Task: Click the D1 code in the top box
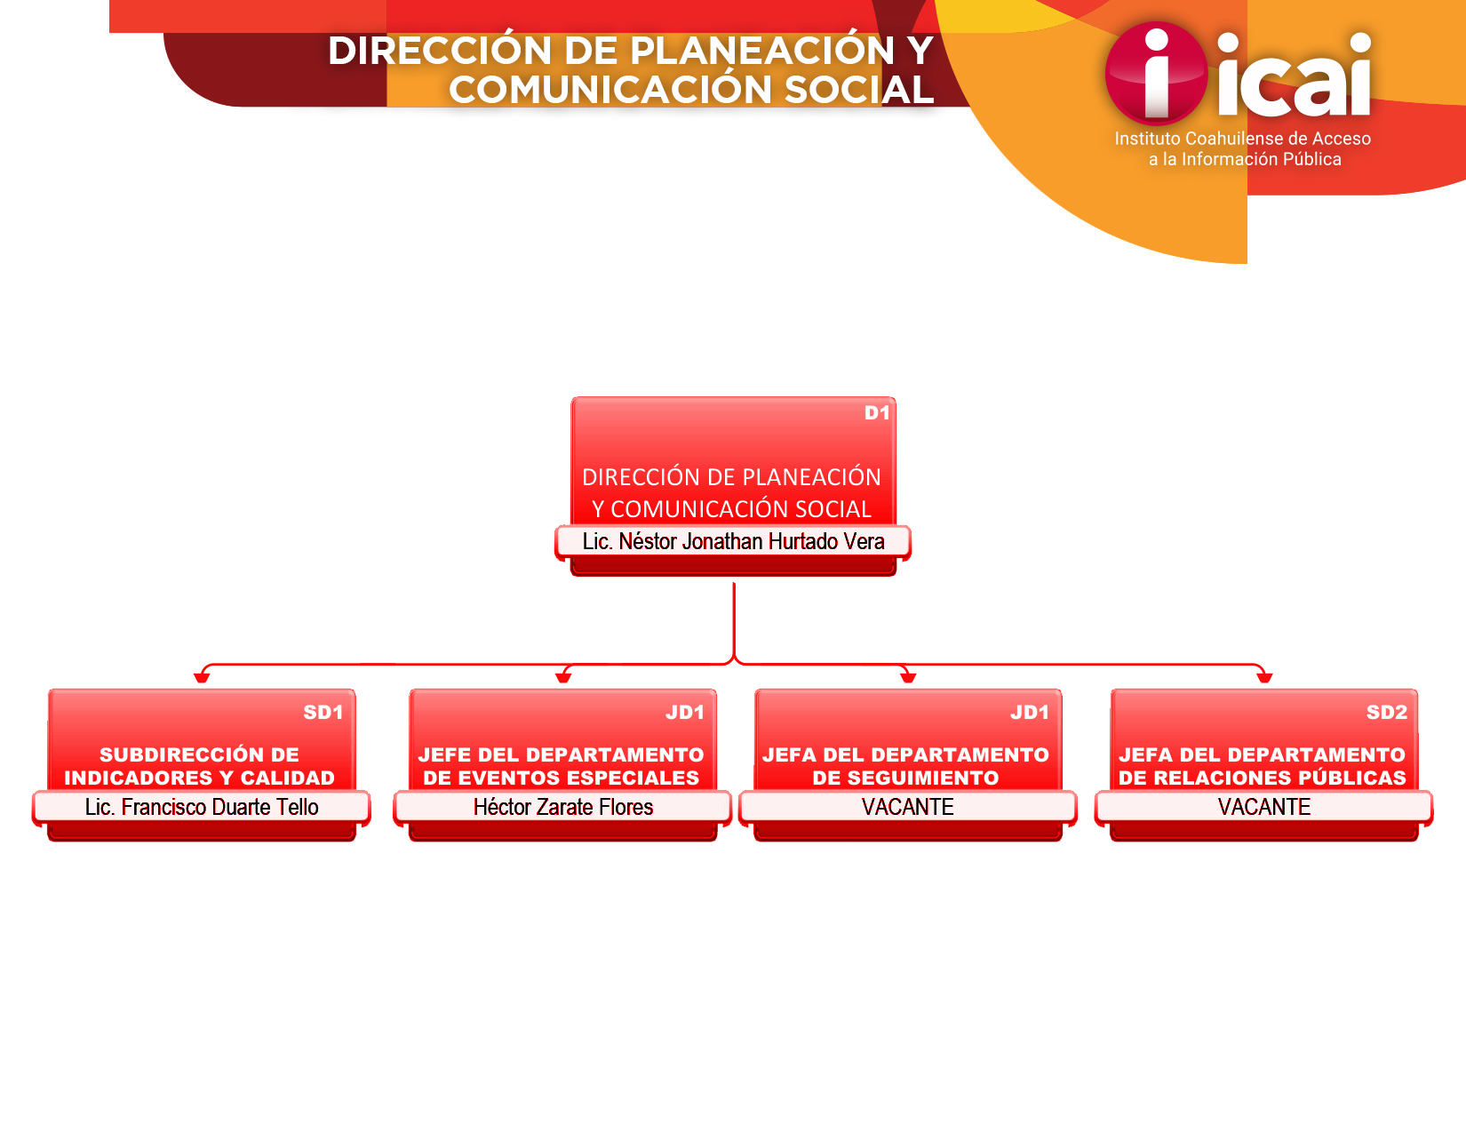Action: [x=876, y=413]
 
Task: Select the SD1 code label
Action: [x=323, y=713]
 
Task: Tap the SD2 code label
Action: [x=1386, y=713]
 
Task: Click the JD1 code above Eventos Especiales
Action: [x=685, y=713]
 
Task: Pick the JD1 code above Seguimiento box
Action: [x=1030, y=713]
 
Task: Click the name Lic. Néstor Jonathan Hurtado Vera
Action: [x=733, y=542]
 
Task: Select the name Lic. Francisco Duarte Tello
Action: [x=202, y=807]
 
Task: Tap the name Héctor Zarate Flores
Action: [x=563, y=807]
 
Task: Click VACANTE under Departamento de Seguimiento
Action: [x=907, y=807]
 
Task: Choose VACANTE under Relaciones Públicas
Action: [x=1264, y=807]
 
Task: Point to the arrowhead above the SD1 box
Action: [x=202, y=678]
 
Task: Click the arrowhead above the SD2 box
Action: [x=1264, y=678]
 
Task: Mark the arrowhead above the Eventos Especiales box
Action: [x=563, y=678]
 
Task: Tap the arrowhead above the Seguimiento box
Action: [x=908, y=678]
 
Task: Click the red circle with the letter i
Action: [x=1156, y=74]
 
